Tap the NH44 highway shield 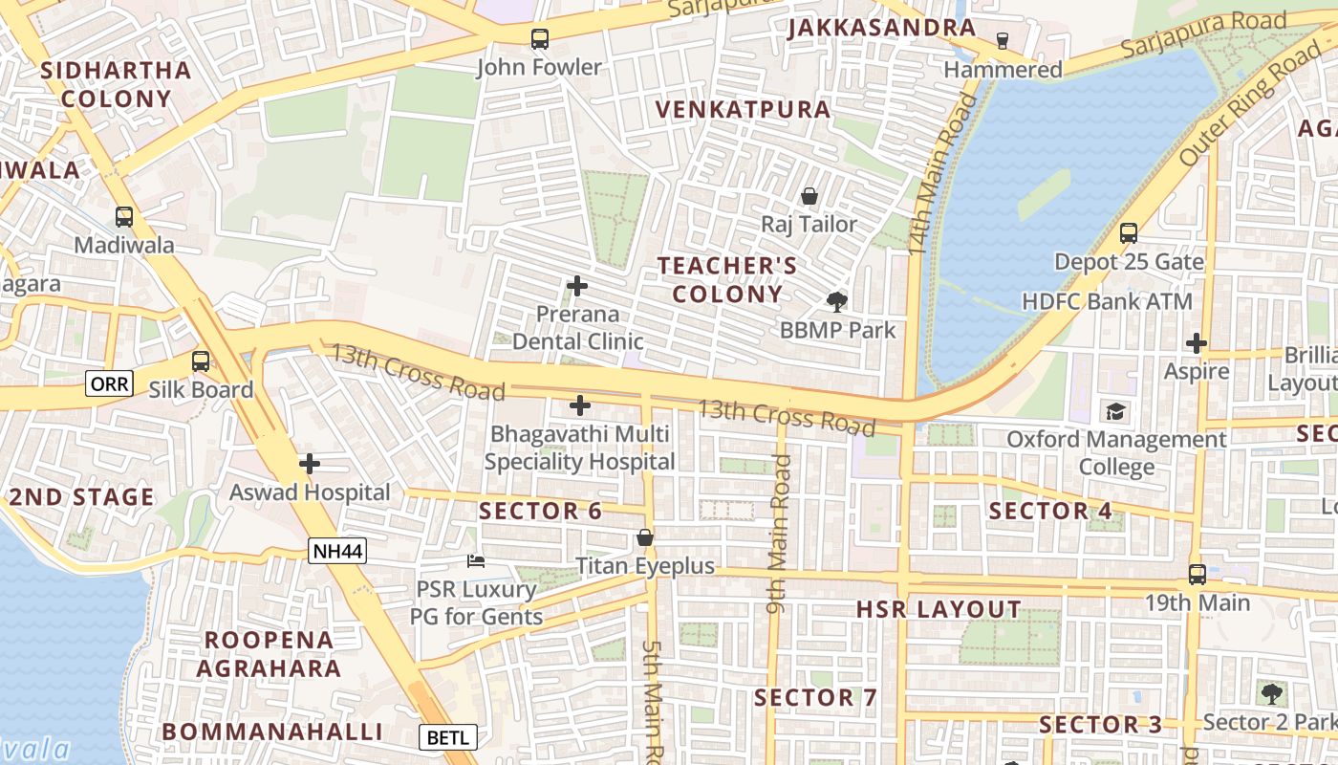pos(338,551)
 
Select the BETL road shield pos(447,737)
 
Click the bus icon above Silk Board pos(201,361)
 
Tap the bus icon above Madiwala pos(124,217)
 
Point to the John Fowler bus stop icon pos(540,39)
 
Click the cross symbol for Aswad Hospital pos(310,464)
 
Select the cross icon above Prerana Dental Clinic pos(577,286)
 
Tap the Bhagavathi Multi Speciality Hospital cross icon pos(580,405)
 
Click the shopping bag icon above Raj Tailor pos(809,196)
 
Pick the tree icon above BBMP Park pos(837,302)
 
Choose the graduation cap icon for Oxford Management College pos(1115,412)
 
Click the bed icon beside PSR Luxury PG pos(476,560)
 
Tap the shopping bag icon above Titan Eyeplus pos(645,537)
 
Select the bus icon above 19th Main pos(1197,575)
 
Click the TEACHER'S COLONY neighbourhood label pos(727,279)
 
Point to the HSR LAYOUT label pos(939,609)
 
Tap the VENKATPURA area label pos(744,109)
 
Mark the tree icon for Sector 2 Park pos(1271,693)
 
